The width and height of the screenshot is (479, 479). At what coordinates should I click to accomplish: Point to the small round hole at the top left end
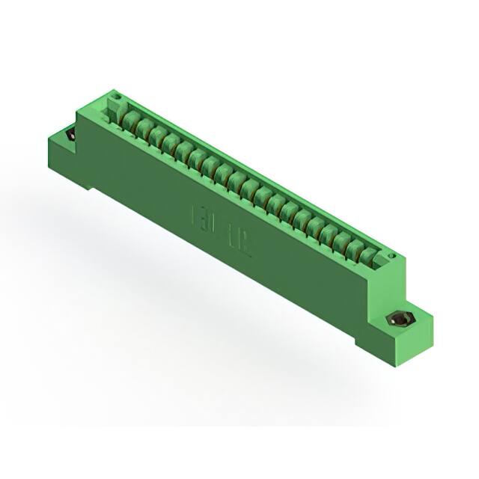(x=116, y=97)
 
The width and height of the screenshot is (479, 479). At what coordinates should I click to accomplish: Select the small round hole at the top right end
(x=390, y=256)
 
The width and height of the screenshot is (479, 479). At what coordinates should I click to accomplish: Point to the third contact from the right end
(x=338, y=241)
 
